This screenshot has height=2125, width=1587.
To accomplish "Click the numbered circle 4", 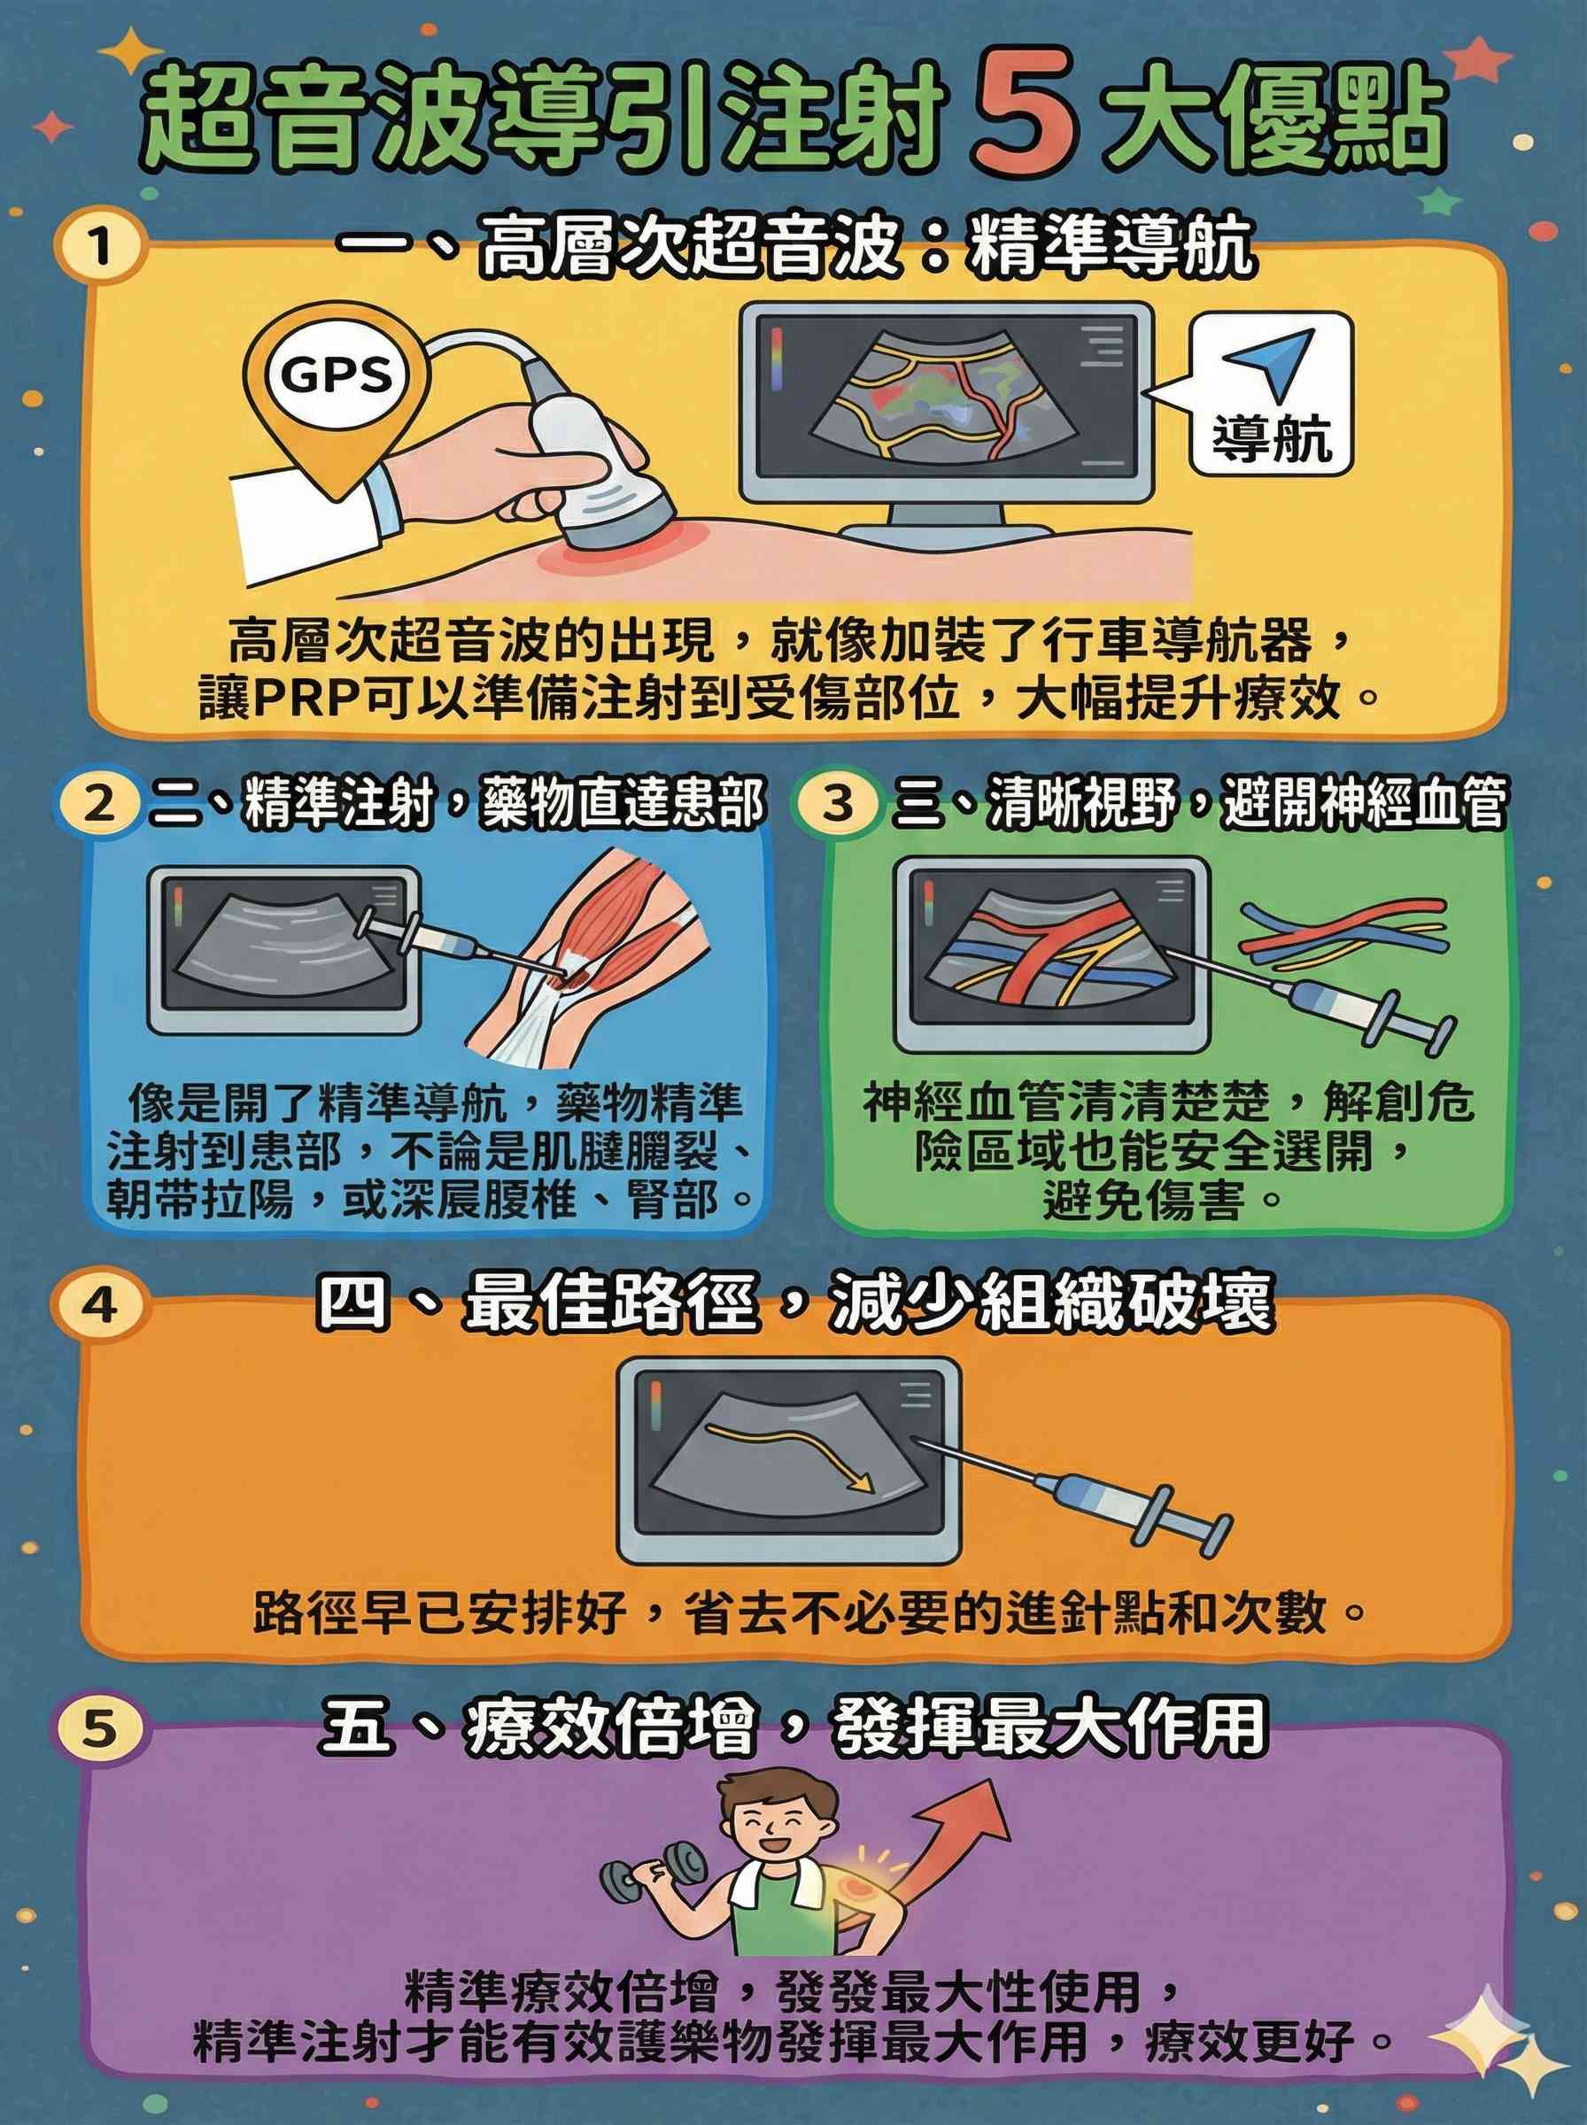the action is coord(104,1307).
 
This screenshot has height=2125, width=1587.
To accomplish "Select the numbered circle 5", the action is coord(102,1727).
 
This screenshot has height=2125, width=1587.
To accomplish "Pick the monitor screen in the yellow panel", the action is coord(946,401).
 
